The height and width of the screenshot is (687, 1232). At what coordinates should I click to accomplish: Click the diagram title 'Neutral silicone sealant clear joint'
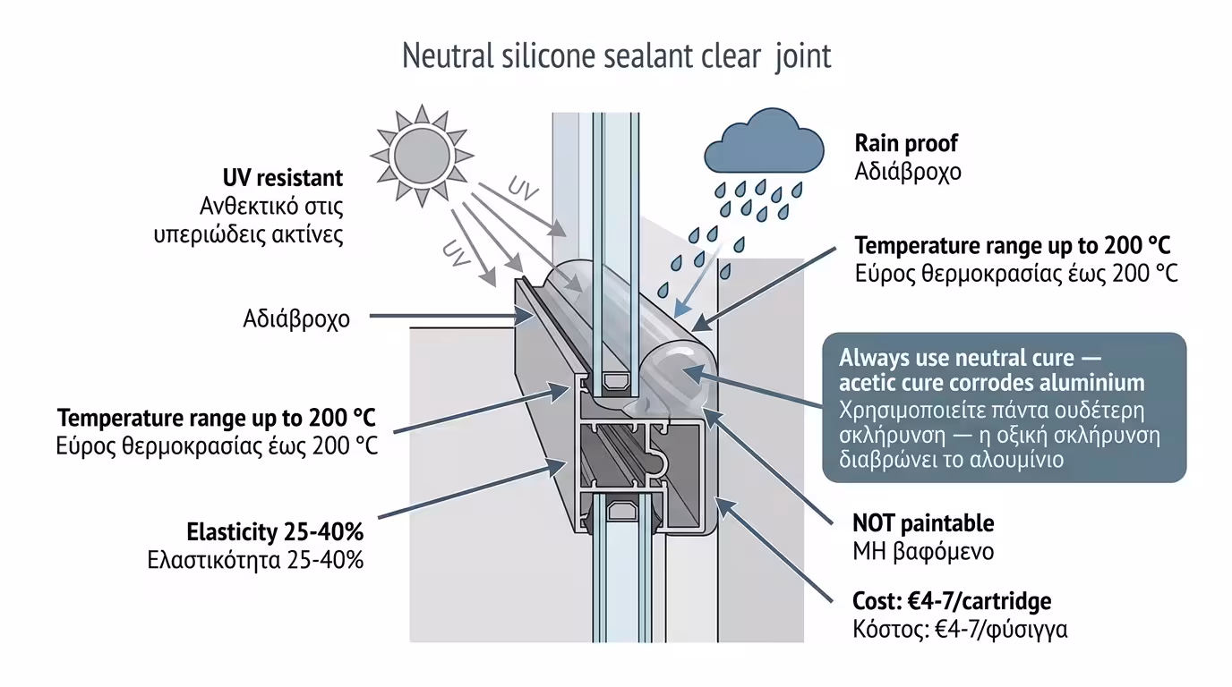(x=616, y=56)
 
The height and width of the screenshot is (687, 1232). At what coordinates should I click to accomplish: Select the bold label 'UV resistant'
(x=283, y=178)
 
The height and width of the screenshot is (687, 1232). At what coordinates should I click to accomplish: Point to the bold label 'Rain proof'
(x=906, y=143)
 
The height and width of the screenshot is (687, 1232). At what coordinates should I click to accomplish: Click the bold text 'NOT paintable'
(x=923, y=522)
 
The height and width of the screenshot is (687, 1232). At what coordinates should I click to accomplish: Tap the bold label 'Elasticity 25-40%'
(x=275, y=532)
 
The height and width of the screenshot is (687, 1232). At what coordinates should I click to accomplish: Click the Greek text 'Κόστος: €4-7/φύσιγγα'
(x=960, y=629)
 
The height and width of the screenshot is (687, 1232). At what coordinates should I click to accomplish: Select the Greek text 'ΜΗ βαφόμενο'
(x=923, y=551)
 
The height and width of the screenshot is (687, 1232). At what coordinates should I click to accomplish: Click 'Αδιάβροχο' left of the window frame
(x=296, y=318)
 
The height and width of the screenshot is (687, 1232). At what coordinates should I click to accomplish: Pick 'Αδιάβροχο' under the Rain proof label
(x=908, y=171)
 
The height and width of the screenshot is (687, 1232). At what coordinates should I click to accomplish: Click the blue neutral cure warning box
(x=1004, y=408)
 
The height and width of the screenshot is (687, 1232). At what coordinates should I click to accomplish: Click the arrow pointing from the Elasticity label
(x=466, y=491)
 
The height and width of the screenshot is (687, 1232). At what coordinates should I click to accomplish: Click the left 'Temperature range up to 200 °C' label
(x=217, y=418)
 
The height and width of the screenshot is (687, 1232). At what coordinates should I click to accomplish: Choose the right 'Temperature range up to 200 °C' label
(x=1013, y=246)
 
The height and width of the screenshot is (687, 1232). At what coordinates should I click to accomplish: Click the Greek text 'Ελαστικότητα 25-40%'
(x=255, y=561)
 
